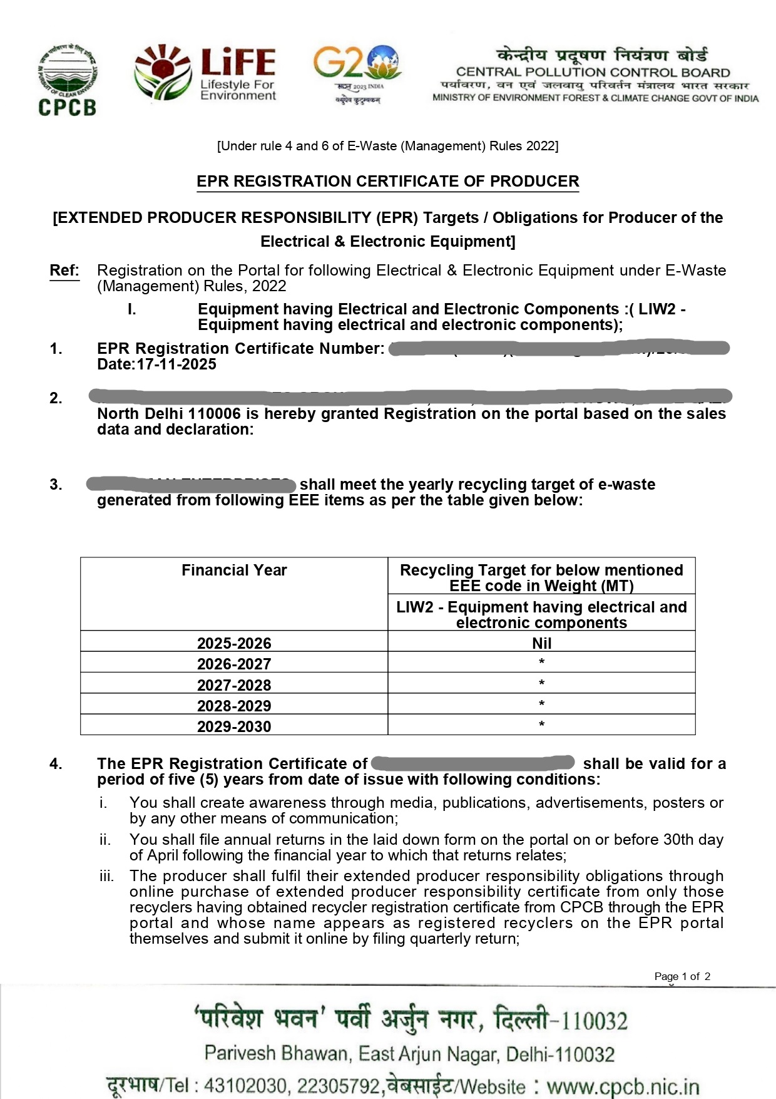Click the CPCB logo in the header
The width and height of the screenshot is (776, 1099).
[67, 80]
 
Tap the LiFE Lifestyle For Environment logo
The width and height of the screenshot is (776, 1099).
[206, 73]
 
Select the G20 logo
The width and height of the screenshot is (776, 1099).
[357, 73]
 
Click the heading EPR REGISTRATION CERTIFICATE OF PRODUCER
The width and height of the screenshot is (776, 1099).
[387, 182]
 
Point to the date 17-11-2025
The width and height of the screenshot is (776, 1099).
[176, 364]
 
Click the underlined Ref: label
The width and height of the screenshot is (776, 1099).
[64, 271]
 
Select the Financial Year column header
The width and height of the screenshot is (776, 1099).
[234, 570]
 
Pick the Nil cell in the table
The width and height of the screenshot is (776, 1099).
[541, 643]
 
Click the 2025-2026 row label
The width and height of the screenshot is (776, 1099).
[234, 643]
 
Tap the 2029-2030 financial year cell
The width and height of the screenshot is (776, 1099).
[234, 726]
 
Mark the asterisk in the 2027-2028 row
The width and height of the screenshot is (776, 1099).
[541, 683]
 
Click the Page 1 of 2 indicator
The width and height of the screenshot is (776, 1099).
[682, 976]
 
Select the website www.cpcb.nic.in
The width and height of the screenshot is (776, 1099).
[623, 1086]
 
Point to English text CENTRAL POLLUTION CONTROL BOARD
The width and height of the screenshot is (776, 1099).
[593, 73]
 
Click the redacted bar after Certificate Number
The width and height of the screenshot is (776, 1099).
[559, 348]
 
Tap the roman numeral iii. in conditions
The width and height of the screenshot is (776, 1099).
[106, 876]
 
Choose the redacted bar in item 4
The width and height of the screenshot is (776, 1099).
[472, 763]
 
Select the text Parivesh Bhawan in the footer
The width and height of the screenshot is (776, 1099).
[278, 1054]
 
